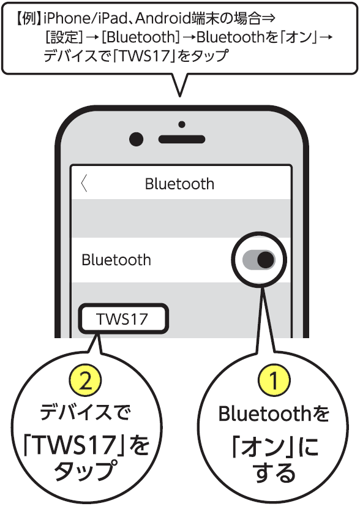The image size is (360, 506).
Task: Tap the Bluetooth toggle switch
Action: coord(259,260)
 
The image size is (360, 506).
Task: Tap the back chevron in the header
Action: coord(84,183)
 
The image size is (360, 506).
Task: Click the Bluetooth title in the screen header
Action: coord(179,184)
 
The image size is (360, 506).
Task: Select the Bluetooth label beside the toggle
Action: coord(116,260)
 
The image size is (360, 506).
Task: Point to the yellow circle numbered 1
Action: coord(274,380)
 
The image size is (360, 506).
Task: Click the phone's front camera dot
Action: coord(136,140)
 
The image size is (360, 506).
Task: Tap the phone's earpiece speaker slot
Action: coord(182,140)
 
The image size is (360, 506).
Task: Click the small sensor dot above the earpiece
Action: coord(182,124)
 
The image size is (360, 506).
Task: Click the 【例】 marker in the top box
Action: coord(28,19)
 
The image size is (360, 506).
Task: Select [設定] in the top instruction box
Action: coord(64,37)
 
